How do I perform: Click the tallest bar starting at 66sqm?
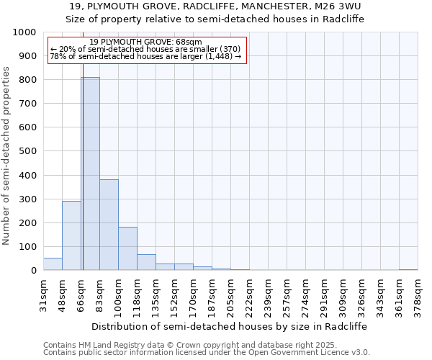tap(90, 174)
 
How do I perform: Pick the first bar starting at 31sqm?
tap(53, 264)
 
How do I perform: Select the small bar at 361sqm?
tap(408, 269)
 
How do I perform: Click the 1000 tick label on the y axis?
tap(24, 32)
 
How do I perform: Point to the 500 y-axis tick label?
tap(27, 151)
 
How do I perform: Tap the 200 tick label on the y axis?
tap(27, 222)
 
